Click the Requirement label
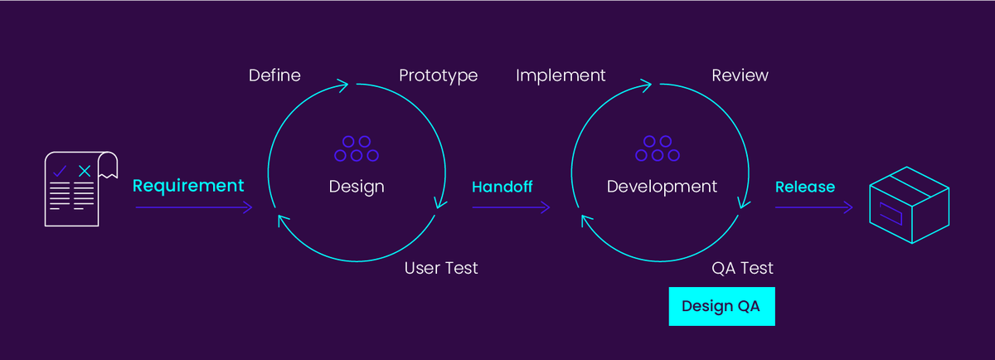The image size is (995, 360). click(x=188, y=186)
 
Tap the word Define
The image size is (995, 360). click(x=274, y=75)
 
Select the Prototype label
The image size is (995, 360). click(x=438, y=75)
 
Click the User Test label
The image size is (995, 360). click(x=440, y=268)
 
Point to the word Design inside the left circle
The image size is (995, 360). click(x=357, y=186)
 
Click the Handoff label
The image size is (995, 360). click(x=502, y=187)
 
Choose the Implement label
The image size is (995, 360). click(x=561, y=75)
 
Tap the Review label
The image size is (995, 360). click(x=740, y=75)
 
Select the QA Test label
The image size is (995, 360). click(x=742, y=268)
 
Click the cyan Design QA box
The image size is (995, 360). click(x=721, y=306)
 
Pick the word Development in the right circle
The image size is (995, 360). click(x=662, y=186)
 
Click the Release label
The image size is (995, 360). click(x=804, y=187)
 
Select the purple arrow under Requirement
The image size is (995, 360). click(x=193, y=207)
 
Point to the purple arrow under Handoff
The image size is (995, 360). click(x=511, y=207)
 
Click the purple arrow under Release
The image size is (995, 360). click(x=813, y=207)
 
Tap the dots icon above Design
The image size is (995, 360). click(x=357, y=149)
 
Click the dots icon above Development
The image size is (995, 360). click(x=658, y=149)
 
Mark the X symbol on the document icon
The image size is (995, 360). click(x=84, y=171)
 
